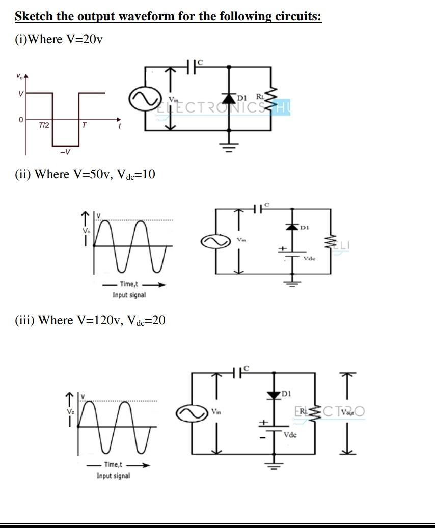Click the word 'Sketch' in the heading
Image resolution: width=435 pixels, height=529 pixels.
click(34, 16)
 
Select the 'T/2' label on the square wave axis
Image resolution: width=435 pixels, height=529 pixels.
click(44, 125)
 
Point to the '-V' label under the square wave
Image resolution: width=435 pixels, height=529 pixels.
click(65, 152)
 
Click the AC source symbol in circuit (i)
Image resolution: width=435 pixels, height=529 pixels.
click(140, 99)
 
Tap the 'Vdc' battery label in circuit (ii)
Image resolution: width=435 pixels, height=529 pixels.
click(309, 258)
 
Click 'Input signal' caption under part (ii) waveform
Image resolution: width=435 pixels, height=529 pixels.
click(129, 295)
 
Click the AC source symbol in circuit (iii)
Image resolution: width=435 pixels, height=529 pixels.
click(189, 413)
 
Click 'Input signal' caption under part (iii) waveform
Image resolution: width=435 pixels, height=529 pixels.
click(113, 476)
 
